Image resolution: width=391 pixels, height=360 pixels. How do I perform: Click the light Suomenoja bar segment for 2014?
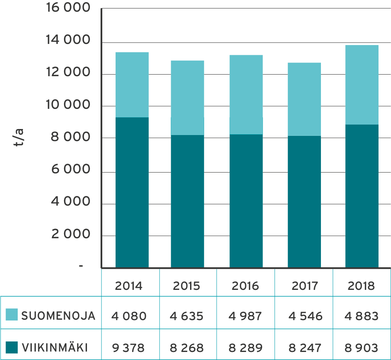tap(132, 85)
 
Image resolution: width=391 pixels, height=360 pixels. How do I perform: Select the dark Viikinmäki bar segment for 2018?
tap(362, 196)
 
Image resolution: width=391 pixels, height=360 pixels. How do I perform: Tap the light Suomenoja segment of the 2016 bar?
tap(246, 94)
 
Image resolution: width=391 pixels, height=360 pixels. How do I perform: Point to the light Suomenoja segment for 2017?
tap(304, 99)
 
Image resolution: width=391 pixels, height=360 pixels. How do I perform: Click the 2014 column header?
tap(129, 286)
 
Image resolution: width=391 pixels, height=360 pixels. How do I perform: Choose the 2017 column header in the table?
tap(304, 286)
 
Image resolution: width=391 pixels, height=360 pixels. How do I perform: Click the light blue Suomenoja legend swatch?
tap(12, 315)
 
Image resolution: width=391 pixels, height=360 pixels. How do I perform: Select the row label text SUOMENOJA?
tap(58, 316)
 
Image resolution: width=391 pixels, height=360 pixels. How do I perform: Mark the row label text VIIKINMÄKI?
tap(55, 348)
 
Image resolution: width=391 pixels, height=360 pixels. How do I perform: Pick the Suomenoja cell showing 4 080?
tap(129, 316)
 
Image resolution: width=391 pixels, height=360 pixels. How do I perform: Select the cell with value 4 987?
tap(245, 316)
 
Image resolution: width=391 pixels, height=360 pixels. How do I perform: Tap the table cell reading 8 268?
tap(187, 348)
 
